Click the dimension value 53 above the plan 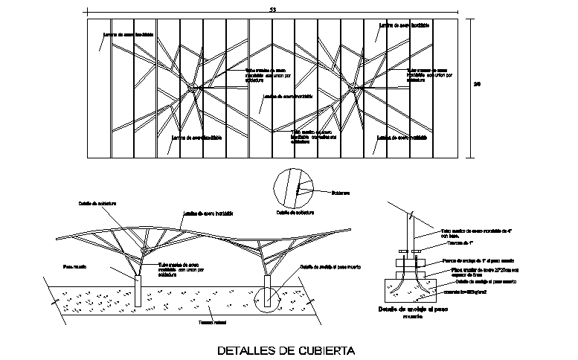point(272,9)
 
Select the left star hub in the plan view point(192,88)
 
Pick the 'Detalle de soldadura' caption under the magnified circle point(295,213)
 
